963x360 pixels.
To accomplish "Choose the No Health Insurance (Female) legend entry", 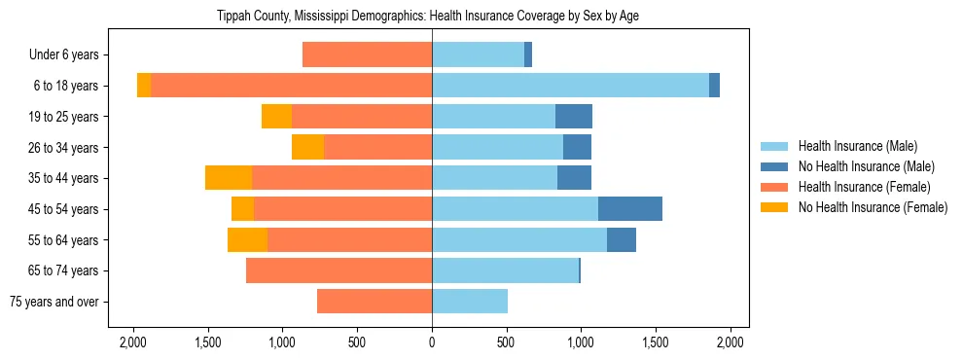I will tap(872, 207).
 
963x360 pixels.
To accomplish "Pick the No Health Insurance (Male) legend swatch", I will tap(776, 166).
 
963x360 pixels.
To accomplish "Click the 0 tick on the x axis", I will tap(432, 342).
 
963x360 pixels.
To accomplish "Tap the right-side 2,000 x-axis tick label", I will tap(730, 342).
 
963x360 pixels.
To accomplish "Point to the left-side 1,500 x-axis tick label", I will tap(208, 342).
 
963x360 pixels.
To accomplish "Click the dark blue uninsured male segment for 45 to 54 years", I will tap(629, 209).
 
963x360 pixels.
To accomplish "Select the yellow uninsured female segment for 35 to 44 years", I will tap(229, 178).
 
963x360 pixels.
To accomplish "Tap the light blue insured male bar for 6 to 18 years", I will tap(570, 86).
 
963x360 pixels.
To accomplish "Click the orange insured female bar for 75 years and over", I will tap(374, 302).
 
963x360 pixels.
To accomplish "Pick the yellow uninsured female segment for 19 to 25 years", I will tap(276, 117).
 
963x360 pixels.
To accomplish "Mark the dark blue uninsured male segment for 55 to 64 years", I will tap(621, 240).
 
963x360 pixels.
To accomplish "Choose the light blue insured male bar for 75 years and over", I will tap(470, 302).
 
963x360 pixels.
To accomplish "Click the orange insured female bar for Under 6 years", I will tap(367, 55).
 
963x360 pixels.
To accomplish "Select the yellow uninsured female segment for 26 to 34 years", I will tap(307, 148).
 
